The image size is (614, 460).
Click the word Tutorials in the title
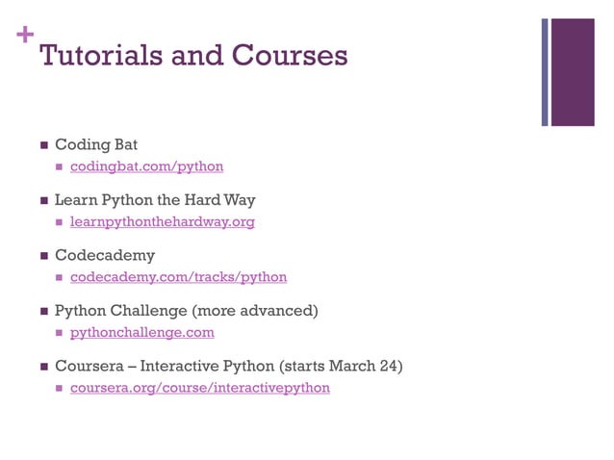pyautogui.click(x=101, y=55)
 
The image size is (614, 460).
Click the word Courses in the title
pyautogui.click(x=290, y=55)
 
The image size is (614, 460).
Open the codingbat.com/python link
pyautogui.click(x=146, y=166)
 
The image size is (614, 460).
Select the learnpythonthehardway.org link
pyautogui.click(x=162, y=221)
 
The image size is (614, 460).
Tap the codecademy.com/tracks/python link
pyautogui.click(x=178, y=277)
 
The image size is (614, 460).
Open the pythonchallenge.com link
pyautogui.click(x=141, y=332)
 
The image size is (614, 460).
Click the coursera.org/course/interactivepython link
pyautogui.click(x=199, y=388)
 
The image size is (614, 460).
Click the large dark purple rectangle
pyautogui.click(x=573, y=71)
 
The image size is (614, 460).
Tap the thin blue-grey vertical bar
pyautogui.click(x=545, y=71)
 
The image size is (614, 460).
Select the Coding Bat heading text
pyautogui.click(x=96, y=144)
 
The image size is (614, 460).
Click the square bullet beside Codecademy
pyautogui.click(x=42, y=257)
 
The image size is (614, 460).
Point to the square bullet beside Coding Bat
pyautogui.click(x=42, y=145)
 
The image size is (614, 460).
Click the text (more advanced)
pyautogui.click(x=255, y=311)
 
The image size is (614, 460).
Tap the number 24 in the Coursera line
pyautogui.click(x=384, y=366)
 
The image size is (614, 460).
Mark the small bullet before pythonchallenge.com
pyautogui.click(x=60, y=333)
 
